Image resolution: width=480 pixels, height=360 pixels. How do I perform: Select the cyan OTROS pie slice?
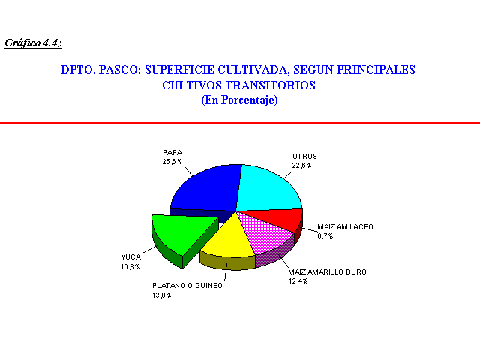coord(269,189)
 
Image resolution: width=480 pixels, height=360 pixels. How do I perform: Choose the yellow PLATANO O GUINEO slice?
coord(229,241)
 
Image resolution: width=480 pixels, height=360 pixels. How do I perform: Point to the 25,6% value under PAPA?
coord(172,162)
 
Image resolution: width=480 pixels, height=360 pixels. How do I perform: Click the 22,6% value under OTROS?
coord(301,166)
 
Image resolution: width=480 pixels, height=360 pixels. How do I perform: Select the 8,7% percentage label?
coord(325,236)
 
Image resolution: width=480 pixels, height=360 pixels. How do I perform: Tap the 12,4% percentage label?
coord(298,281)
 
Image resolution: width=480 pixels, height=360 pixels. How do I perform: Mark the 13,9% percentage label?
coord(162,295)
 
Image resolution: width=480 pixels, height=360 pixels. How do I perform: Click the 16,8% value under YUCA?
coord(130,267)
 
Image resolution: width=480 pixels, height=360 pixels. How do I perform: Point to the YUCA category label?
coord(131,257)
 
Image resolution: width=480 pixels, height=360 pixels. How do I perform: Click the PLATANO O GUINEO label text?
coord(187,286)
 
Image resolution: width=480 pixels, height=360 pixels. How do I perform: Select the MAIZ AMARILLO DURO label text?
coord(327,271)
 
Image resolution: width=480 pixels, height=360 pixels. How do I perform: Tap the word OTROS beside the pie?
coord(305,157)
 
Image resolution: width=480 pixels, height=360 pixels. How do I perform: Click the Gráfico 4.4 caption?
coord(33,43)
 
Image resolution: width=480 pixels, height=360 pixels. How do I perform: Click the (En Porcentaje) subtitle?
coord(239,100)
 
